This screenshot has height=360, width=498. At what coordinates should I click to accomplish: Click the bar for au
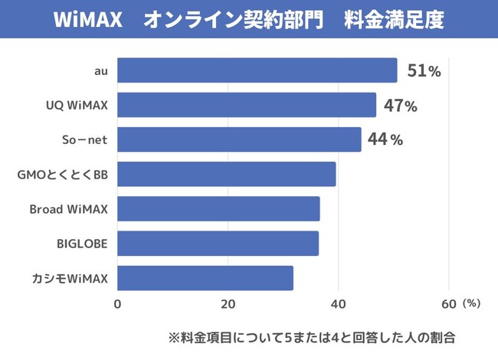pos(257,70)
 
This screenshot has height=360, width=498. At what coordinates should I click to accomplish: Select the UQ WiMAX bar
pos(247,105)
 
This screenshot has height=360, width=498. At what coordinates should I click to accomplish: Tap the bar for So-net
pos(239,139)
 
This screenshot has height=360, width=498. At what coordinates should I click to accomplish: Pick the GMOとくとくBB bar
pos(227,175)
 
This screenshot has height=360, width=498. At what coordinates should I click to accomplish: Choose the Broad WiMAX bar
pos(218,209)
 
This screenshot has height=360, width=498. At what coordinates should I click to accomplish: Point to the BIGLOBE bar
pos(218,244)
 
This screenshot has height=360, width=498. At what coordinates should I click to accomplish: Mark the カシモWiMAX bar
pos(205,278)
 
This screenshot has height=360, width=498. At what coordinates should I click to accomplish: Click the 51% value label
pos(424,71)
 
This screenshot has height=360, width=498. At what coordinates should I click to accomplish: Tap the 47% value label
pos(400,106)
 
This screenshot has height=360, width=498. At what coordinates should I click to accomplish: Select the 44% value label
pos(385,140)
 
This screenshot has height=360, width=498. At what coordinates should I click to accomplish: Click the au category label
pos(100,71)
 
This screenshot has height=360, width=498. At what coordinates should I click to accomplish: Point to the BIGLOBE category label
pos(82,244)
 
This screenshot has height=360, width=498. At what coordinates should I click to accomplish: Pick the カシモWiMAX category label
pos(70,278)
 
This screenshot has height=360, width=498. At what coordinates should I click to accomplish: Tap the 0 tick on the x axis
pos(117,303)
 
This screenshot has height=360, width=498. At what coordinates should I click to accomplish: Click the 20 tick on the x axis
pos(228,303)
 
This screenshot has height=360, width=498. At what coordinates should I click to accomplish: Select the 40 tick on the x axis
pos(338,303)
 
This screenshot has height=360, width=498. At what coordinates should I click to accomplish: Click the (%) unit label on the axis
pos(472,303)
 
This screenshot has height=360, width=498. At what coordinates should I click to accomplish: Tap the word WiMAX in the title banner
pos(88,20)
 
